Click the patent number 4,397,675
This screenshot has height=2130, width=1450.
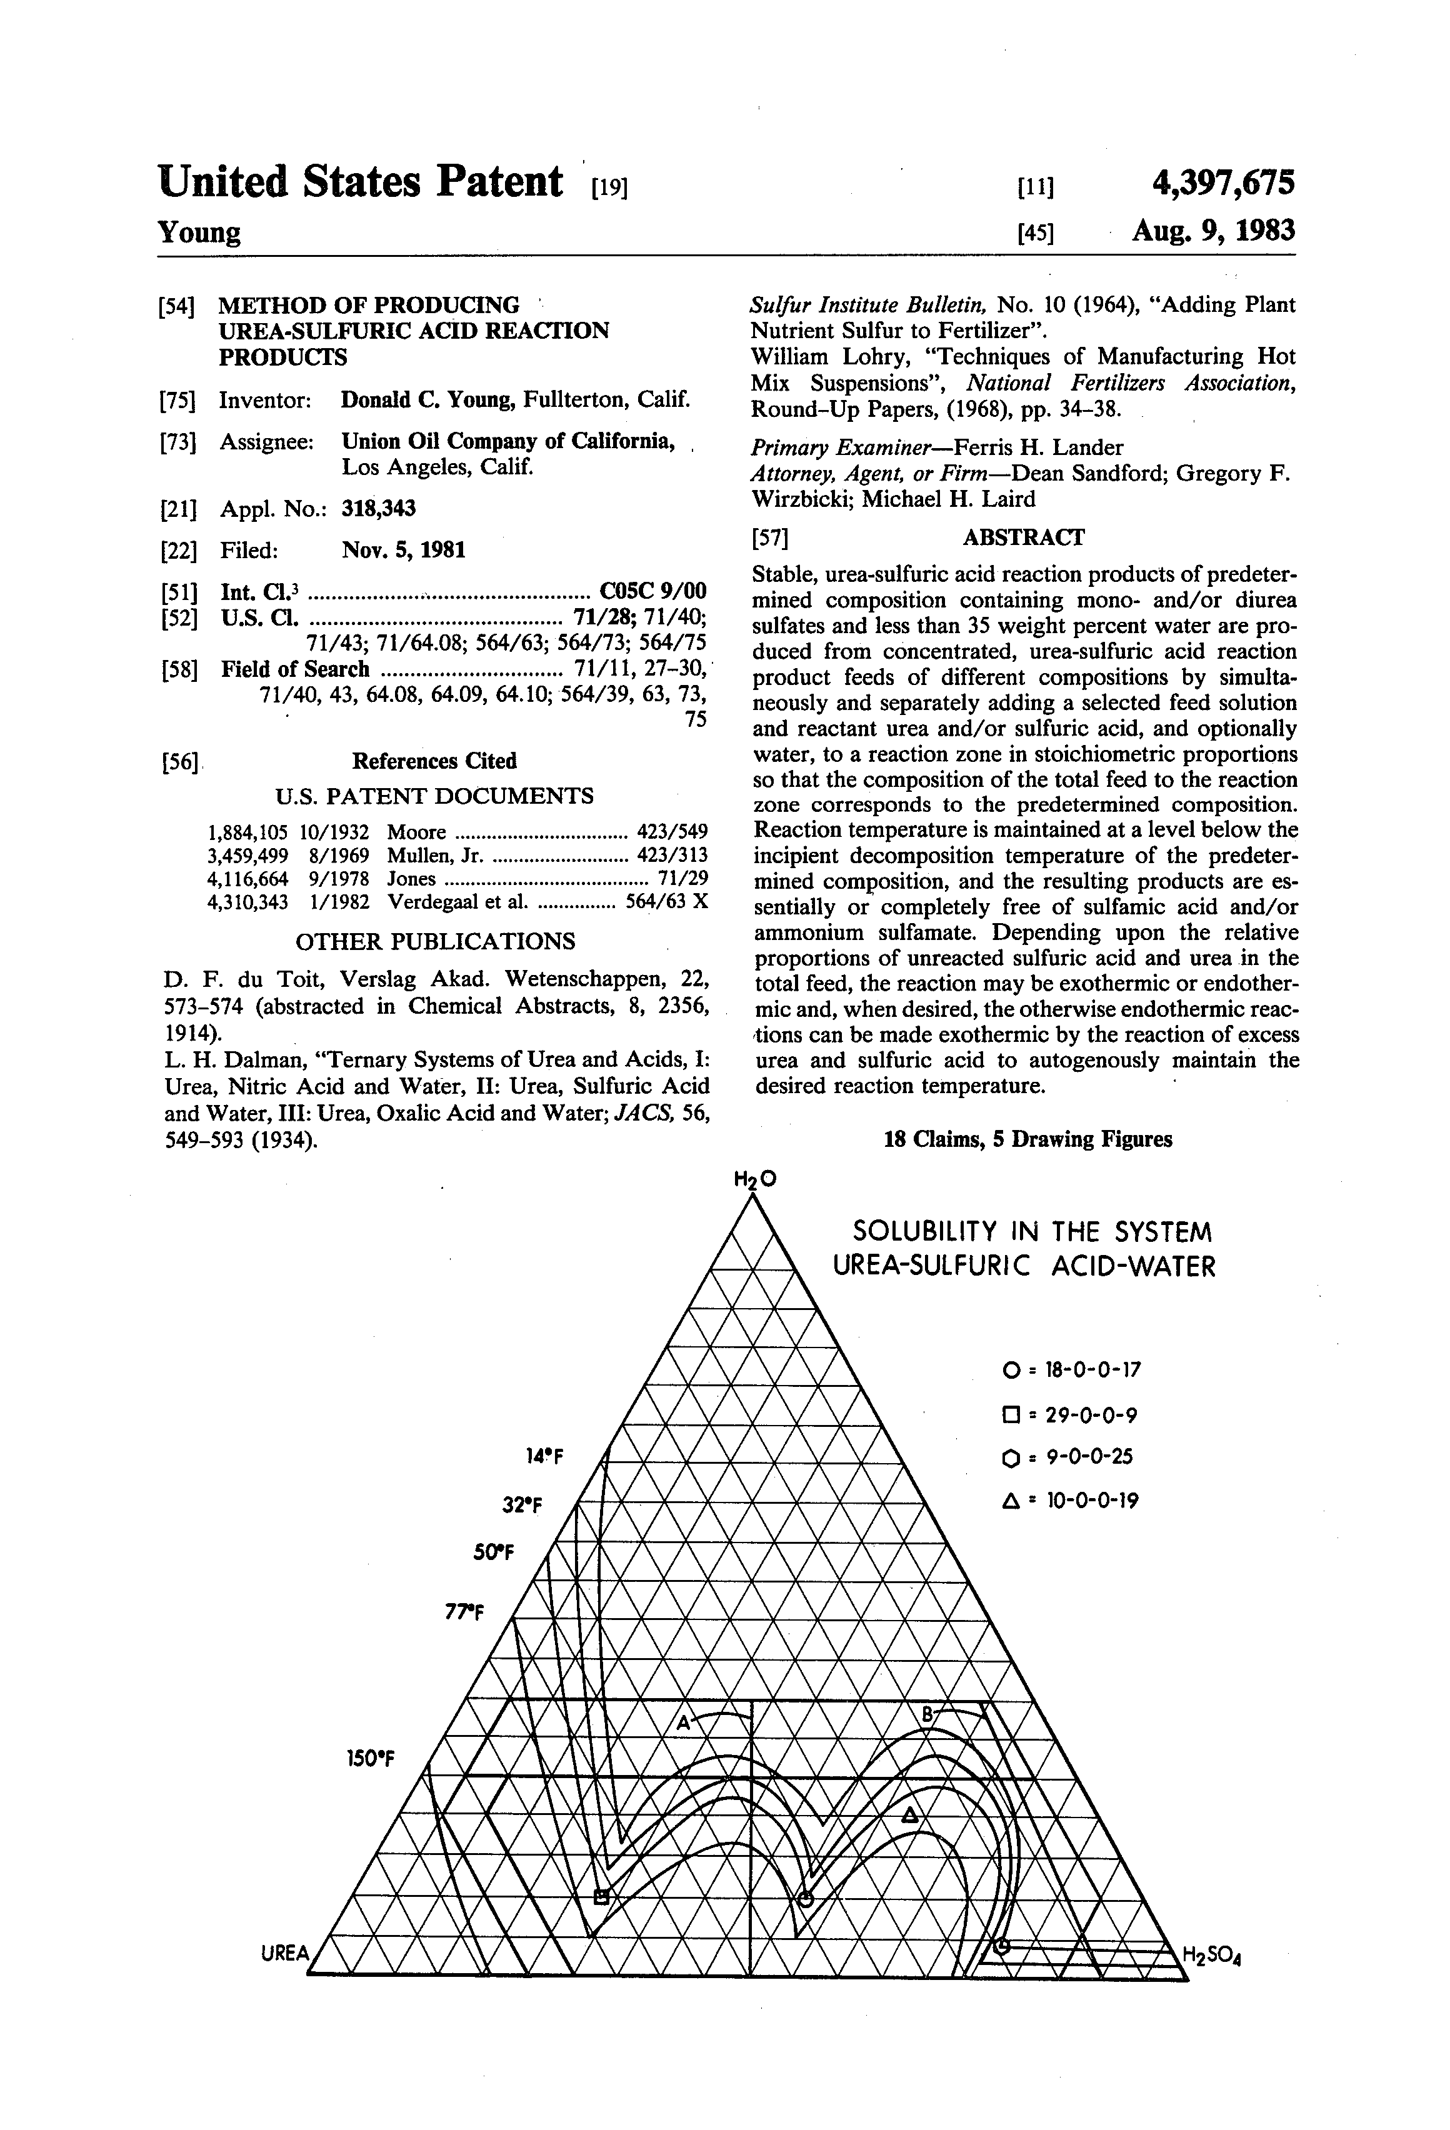(x=1222, y=182)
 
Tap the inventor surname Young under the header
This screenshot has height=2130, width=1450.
(x=199, y=232)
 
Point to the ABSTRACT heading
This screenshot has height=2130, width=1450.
(x=1023, y=537)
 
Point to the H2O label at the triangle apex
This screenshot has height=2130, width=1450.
(x=755, y=1179)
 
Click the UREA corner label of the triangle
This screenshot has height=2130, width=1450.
(x=284, y=1953)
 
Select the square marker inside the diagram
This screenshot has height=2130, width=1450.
(x=601, y=1896)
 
